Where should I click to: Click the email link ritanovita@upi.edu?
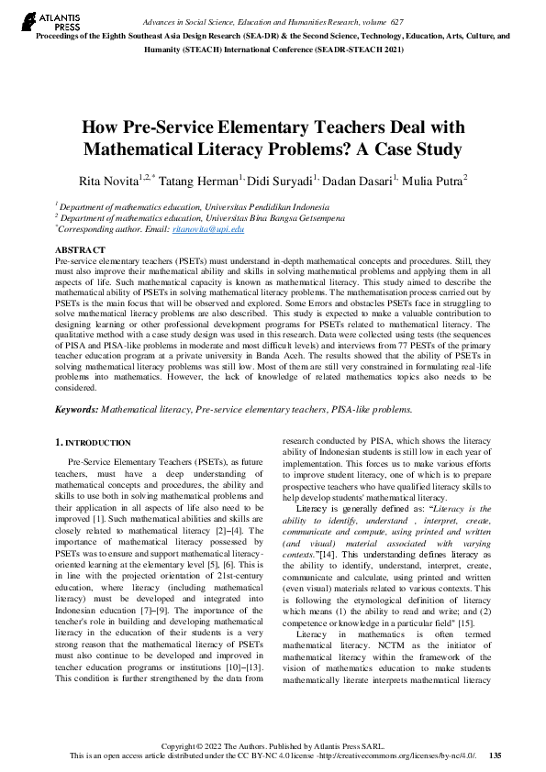[x=212, y=229]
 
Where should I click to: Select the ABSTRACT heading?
[x=80, y=249]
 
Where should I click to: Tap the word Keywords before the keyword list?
[x=76, y=409]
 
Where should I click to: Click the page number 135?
[x=495, y=755]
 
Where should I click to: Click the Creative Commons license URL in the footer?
[x=405, y=755]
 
